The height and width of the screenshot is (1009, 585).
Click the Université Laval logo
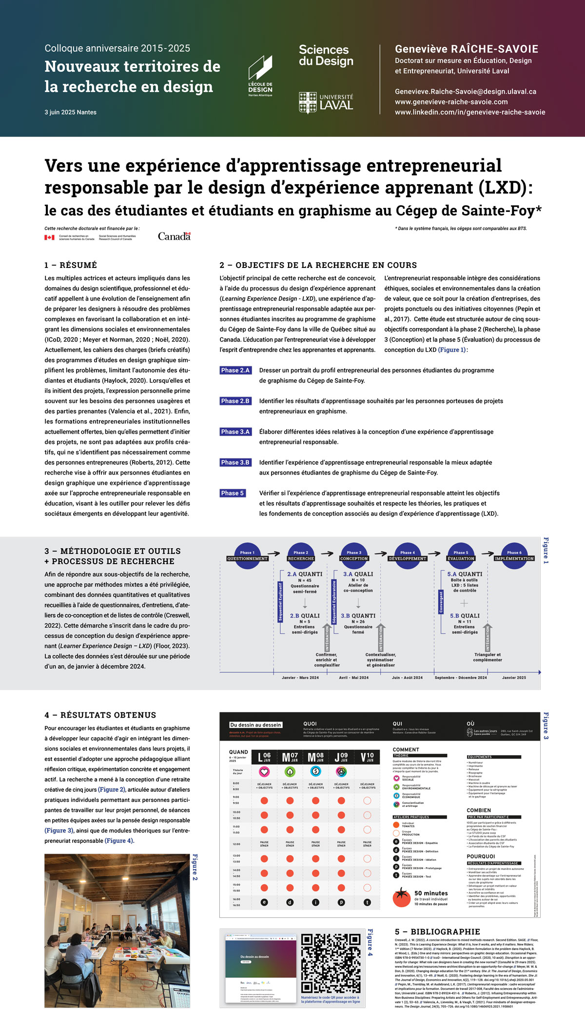coord(326,103)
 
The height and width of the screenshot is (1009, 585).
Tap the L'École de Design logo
coord(260,76)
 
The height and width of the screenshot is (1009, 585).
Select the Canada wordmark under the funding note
coord(174,236)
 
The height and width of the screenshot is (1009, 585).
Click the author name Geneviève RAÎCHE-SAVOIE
coord(466,49)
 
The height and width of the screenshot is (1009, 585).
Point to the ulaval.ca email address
coord(465,92)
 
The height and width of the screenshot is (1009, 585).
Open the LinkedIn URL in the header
coord(469,112)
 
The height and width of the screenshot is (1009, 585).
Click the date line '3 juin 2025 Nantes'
coord(71,113)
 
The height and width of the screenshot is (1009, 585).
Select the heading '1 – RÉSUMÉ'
coord(71,265)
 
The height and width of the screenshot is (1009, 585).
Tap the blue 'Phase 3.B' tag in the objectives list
coord(235,462)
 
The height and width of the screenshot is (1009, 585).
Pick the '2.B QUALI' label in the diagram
coord(305,616)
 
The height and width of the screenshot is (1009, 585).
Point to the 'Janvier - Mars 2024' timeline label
coord(300,678)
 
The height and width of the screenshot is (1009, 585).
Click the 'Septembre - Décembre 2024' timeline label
coord(461,678)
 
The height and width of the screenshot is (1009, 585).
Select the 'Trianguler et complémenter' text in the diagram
coord(487,657)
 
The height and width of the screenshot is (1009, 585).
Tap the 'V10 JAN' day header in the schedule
coord(367,757)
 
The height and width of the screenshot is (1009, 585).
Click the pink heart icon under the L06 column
coord(264,772)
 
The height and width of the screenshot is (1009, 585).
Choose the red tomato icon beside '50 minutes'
coord(402,897)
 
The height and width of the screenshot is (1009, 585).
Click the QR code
coord(330,963)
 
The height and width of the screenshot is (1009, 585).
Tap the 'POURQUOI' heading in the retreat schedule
coord(481,856)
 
